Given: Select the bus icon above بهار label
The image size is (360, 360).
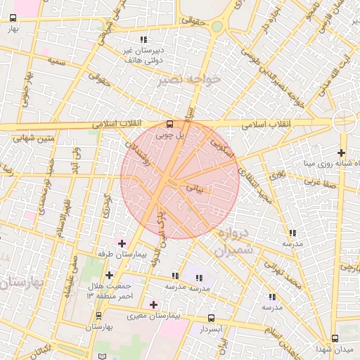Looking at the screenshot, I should (x=10, y=20).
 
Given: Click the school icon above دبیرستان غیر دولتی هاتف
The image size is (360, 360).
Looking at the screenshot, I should (x=143, y=39).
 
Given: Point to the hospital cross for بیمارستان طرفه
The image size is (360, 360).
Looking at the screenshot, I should (x=124, y=243).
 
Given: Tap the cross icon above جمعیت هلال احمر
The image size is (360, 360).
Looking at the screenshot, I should (x=109, y=275).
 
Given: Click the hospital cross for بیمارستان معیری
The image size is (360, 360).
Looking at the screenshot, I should (x=154, y=304).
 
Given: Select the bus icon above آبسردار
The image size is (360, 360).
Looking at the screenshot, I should (x=212, y=319).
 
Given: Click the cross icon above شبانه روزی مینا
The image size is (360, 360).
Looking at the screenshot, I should (x=341, y=153).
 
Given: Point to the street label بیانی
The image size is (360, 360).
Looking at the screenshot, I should (x=194, y=188).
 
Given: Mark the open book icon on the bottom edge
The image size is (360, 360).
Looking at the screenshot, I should (x=104, y=357).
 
